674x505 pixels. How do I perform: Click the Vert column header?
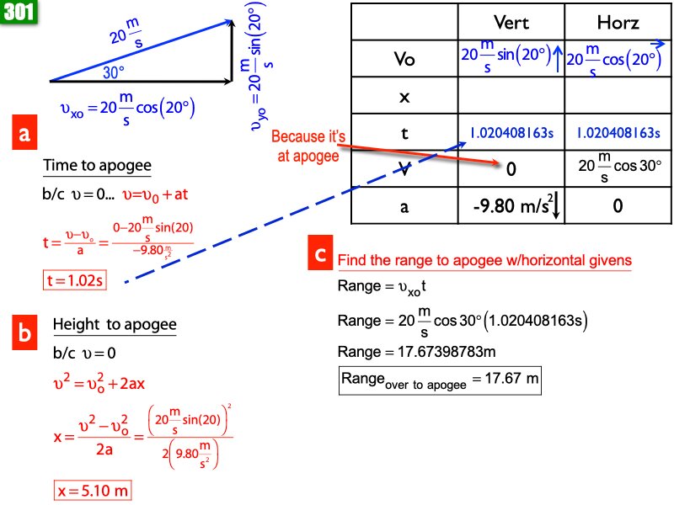tap(511, 23)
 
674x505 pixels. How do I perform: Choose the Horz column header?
tap(617, 23)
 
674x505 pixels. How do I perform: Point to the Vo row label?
tap(404, 60)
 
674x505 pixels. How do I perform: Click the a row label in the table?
tap(404, 205)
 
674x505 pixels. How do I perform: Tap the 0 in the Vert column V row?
tap(511, 169)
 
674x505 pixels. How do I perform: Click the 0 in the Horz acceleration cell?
tap(618, 205)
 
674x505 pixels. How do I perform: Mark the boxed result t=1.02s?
tap(73, 280)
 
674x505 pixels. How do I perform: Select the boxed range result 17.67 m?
tap(439, 380)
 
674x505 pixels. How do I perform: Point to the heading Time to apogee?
tap(97, 166)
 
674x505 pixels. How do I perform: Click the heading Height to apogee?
tap(114, 325)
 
